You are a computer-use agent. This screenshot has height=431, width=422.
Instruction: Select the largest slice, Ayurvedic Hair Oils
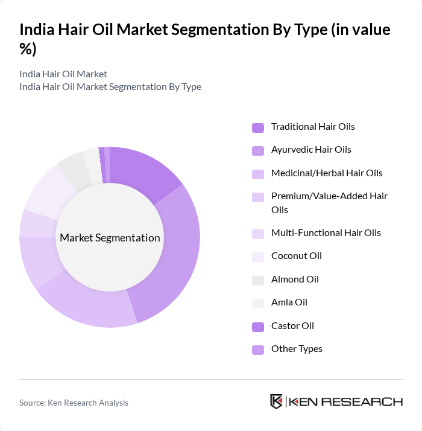coord(175,254)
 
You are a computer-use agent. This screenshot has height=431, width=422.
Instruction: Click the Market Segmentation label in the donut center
coord(110,238)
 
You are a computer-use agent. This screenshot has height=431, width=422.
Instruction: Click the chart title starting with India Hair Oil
coord(205,39)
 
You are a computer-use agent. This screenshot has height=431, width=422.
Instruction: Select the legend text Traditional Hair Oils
coord(313,127)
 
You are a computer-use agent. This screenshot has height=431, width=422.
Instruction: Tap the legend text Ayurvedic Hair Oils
coord(311,150)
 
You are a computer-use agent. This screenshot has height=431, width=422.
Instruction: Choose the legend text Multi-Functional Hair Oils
coord(326,233)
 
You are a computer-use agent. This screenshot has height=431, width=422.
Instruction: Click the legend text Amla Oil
coord(289,302)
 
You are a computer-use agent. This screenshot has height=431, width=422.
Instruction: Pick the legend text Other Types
coord(297,349)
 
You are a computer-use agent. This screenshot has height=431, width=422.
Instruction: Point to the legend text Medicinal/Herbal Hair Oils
coord(327,173)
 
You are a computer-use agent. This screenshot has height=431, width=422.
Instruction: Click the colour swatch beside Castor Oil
coord(257,327)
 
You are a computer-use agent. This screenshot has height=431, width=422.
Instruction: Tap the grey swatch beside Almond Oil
coord(257,280)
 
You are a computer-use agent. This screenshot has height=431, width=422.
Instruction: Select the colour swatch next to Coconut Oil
coord(257,257)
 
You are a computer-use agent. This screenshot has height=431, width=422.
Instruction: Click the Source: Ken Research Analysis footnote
coord(74,403)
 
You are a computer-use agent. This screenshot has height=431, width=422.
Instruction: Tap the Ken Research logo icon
coord(277,402)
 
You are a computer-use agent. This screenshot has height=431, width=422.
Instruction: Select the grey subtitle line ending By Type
coord(110,87)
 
